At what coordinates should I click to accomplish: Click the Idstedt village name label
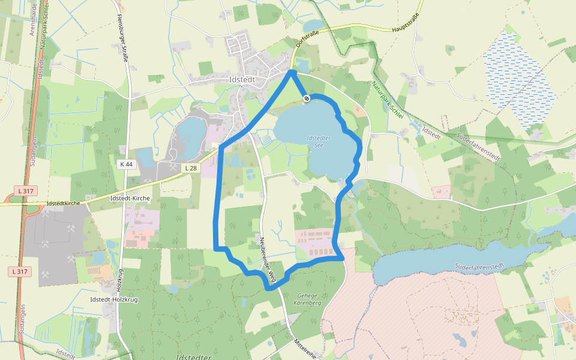coord(242,79)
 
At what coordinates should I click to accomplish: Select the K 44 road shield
coord(125,164)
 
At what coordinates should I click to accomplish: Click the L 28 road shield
coord(191,168)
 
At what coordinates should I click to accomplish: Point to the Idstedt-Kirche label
coord(130,197)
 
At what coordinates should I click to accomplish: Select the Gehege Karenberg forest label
coord(310,299)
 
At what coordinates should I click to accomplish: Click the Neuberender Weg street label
coord(267,258)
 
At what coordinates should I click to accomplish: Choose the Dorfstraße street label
coord(306,40)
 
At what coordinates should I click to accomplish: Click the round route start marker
coord(306,98)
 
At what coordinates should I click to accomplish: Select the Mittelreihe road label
coord(305,346)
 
